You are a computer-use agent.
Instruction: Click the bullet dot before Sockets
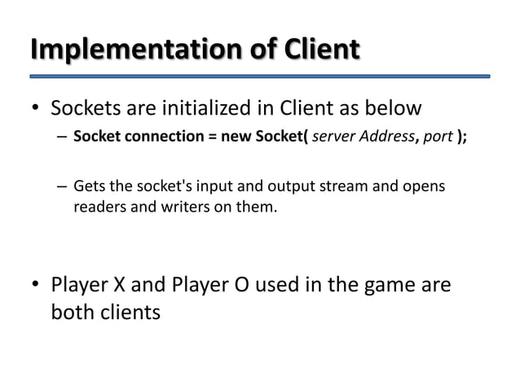click(x=35, y=108)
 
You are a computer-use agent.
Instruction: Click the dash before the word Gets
click(x=62, y=189)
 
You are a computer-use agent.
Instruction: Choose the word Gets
click(x=90, y=188)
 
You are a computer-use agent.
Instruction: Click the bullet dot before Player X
click(x=35, y=286)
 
